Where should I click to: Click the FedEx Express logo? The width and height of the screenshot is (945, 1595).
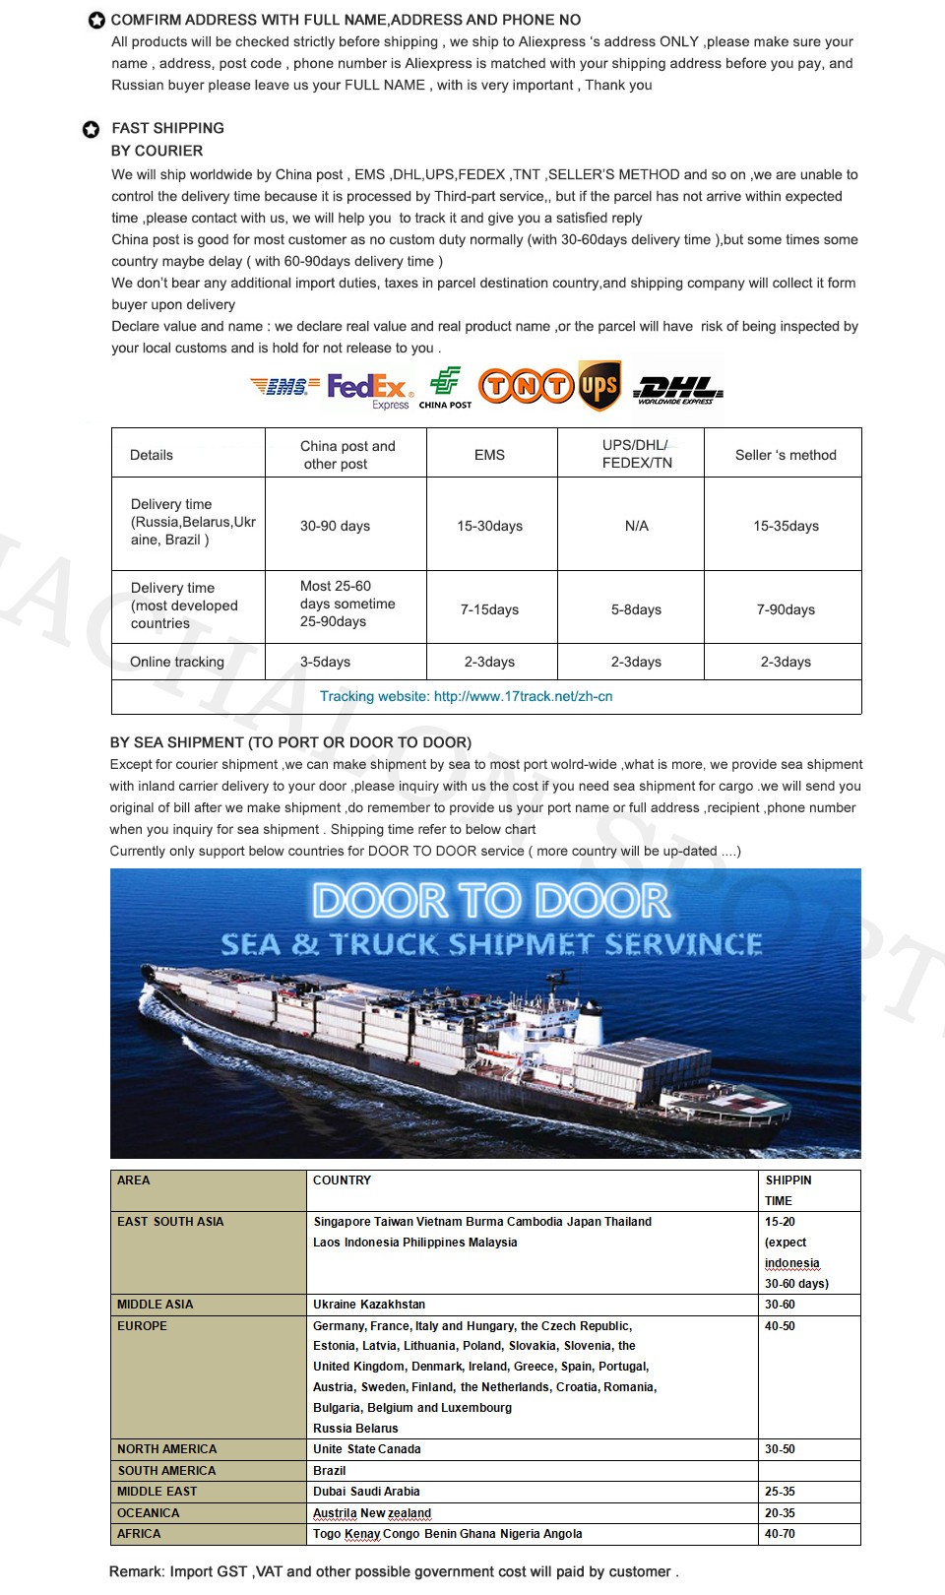click(x=367, y=388)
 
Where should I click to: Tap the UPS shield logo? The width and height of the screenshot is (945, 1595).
click(x=598, y=386)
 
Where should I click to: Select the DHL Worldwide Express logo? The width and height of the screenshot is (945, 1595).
click(x=677, y=390)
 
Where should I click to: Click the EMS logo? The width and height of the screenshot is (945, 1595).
click(x=284, y=387)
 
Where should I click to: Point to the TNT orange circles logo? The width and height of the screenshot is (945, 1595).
click(x=526, y=386)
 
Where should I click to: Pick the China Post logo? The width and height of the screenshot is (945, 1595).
click(x=445, y=388)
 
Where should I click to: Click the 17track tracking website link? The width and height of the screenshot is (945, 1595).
click(x=466, y=696)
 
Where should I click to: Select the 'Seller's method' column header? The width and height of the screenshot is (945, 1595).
click(x=786, y=455)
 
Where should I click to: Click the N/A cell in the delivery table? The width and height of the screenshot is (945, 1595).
click(x=637, y=526)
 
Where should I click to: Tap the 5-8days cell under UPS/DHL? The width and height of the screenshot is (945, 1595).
click(x=636, y=609)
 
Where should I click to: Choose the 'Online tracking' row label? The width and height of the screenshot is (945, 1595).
click(x=177, y=662)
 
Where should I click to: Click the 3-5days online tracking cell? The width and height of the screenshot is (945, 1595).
click(x=325, y=662)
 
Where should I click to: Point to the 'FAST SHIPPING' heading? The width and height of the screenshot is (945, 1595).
click(x=167, y=128)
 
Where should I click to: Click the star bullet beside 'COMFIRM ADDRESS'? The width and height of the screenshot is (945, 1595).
click(x=96, y=21)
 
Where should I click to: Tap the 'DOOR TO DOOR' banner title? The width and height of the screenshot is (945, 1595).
click(x=490, y=901)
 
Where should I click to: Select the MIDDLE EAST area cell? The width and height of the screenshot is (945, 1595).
click(x=157, y=1492)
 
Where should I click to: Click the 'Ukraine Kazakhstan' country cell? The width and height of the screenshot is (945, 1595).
click(x=369, y=1305)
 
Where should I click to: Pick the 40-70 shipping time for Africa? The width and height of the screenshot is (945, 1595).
click(x=780, y=1534)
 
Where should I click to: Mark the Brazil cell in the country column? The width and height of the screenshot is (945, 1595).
click(x=330, y=1471)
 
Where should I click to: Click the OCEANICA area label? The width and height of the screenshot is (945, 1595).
click(x=149, y=1513)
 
